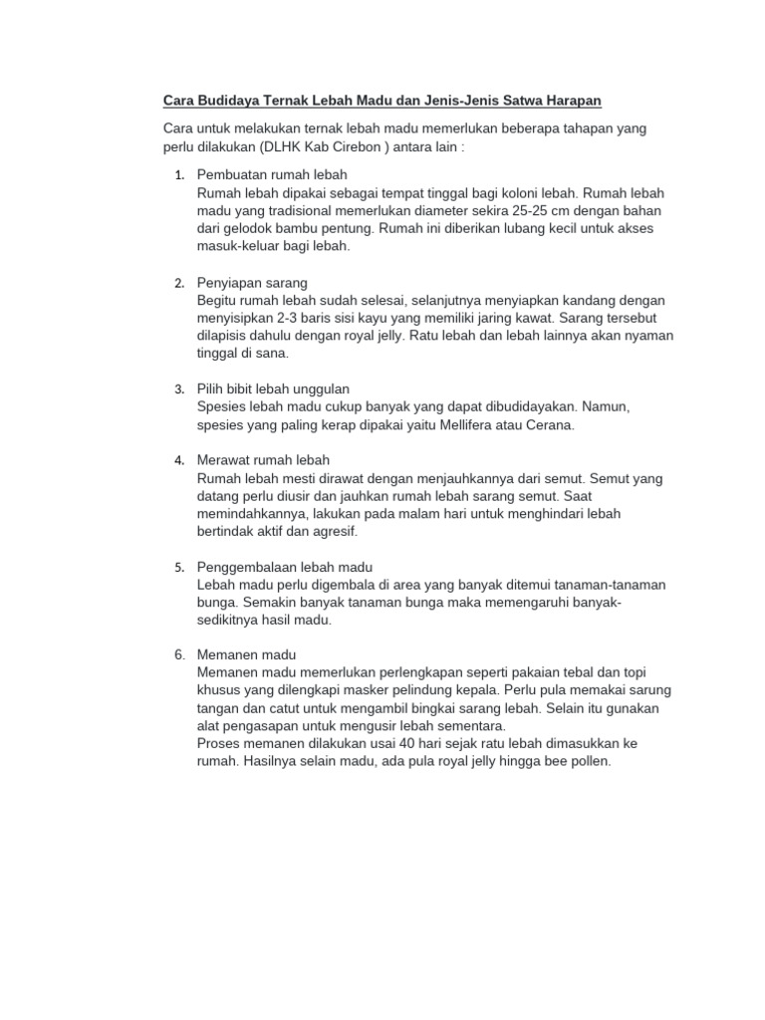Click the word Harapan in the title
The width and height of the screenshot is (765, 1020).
[572, 102]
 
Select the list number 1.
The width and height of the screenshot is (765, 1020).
[179, 175]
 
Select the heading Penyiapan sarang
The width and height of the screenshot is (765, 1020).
[252, 283]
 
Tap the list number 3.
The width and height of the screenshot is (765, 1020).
[179, 388]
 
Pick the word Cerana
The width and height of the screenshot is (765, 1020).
[550, 424]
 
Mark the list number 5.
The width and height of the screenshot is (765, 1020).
[179, 567]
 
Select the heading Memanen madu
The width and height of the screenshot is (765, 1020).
[247, 655]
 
